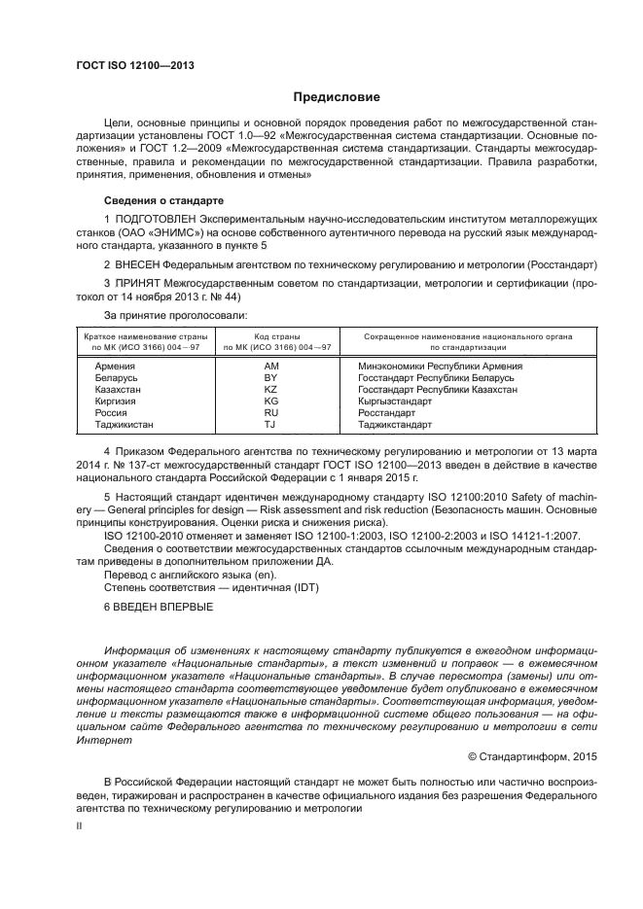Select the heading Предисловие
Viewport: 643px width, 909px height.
coord(330,96)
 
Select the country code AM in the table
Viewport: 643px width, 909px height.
coord(270,366)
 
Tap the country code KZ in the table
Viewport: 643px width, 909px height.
coord(270,389)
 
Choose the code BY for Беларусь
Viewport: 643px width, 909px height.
coord(270,377)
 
